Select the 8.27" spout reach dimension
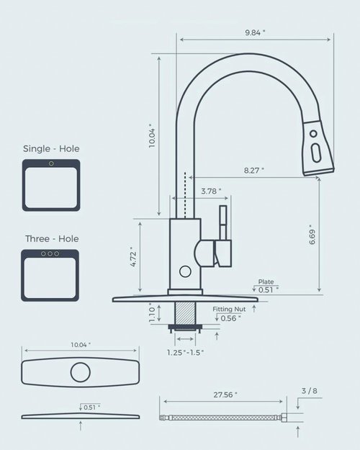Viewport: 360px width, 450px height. tap(253, 170)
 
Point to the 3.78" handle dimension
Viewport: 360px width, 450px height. tap(210, 191)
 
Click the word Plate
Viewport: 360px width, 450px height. tap(266, 282)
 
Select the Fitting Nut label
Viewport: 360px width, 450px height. tap(230, 309)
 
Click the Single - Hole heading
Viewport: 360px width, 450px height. tap(51, 148)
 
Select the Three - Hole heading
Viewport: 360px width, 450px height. tap(51, 238)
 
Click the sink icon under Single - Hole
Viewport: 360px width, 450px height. tap(51, 185)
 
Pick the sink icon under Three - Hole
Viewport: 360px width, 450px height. tap(51, 275)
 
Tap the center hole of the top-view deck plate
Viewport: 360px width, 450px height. tap(80, 373)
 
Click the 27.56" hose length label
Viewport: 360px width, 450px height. tap(225, 395)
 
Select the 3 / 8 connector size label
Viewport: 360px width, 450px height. tap(309, 391)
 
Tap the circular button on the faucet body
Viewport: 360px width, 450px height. tap(185, 272)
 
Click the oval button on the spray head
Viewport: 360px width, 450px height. tap(314, 153)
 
